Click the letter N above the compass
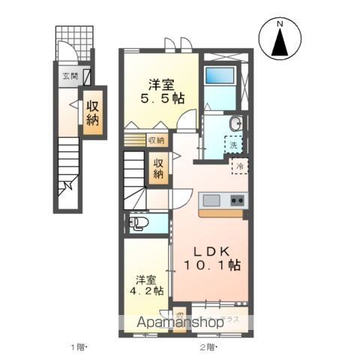click(x=279, y=25)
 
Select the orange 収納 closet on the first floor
click(x=93, y=113)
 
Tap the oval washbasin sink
click(x=235, y=123)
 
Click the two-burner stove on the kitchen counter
click(x=235, y=200)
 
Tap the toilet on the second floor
click(x=138, y=223)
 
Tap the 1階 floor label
click(x=79, y=347)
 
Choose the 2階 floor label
click(x=207, y=347)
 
